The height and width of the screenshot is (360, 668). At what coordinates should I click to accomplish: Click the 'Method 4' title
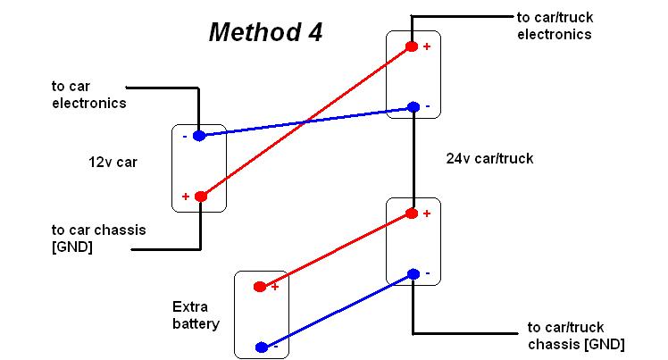[265, 33]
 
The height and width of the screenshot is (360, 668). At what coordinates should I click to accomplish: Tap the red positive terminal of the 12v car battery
[201, 197]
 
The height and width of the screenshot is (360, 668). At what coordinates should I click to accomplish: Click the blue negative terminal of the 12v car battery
[199, 136]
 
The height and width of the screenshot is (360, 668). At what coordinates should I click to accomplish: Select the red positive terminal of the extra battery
[260, 287]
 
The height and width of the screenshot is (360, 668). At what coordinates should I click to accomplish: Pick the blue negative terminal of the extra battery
[261, 347]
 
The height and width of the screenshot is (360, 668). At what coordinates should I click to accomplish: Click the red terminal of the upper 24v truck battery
[412, 46]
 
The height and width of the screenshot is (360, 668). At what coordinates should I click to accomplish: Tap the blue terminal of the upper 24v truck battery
[413, 107]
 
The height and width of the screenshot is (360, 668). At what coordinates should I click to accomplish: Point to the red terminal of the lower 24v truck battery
[412, 213]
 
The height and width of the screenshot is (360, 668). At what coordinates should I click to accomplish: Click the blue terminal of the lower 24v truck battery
[413, 273]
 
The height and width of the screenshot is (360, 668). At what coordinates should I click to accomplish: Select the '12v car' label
[113, 163]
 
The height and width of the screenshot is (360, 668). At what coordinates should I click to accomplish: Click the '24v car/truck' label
[488, 159]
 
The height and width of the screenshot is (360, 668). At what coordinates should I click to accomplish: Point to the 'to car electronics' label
[88, 95]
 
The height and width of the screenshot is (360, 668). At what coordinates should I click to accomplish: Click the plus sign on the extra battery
[275, 286]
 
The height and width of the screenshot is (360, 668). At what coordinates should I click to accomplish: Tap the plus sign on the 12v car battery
[186, 197]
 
